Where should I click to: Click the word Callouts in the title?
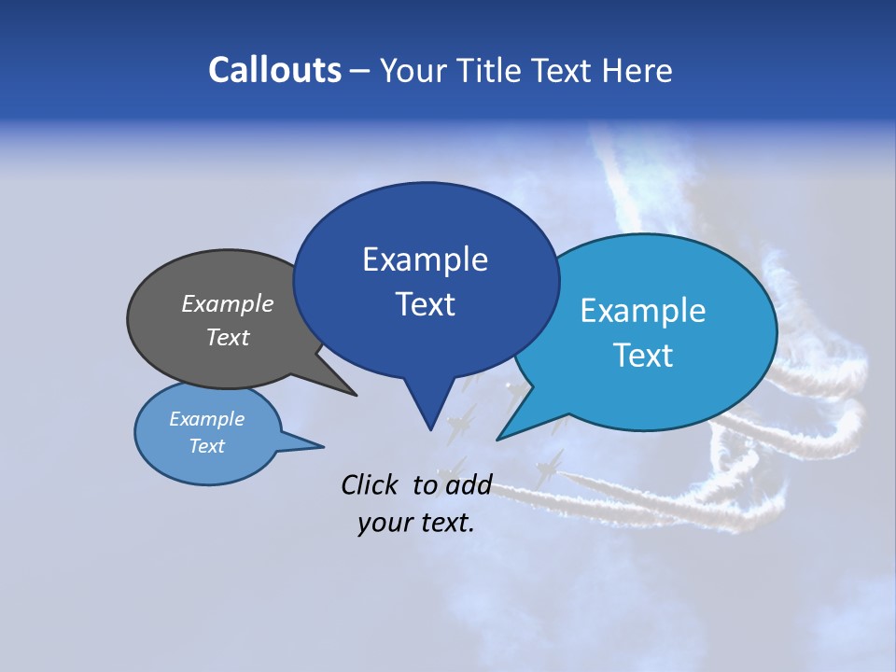(x=274, y=70)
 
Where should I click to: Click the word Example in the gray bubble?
(x=228, y=303)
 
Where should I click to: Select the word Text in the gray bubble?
(x=228, y=337)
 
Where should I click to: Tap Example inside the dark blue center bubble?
(x=425, y=259)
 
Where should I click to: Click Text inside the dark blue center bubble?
(x=425, y=304)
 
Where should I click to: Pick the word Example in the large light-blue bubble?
(x=643, y=311)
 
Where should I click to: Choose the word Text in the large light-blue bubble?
(x=643, y=356)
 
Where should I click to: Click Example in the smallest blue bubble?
(x=206, y=419)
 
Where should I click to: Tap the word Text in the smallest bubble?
(x=206, y=446)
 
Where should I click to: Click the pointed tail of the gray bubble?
(x=355, y=394)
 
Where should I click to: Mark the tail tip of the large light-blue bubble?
(x=498, y=438)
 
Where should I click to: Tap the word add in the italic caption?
(x=469, y=484)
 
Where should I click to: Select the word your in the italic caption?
(x=384, y=524)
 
